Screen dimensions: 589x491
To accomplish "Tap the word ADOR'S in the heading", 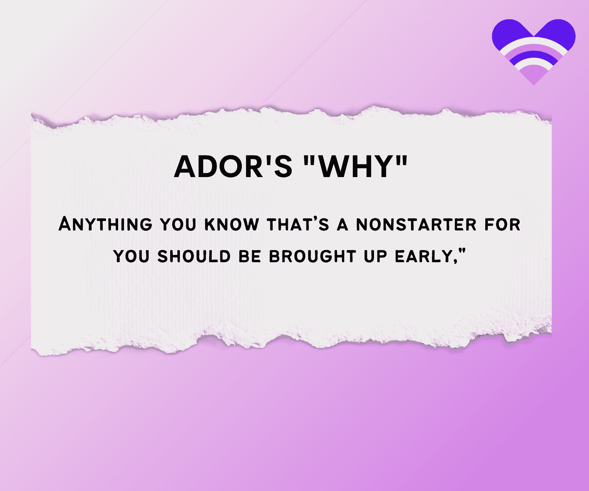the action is [233, 166].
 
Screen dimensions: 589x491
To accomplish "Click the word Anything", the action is [105, 225].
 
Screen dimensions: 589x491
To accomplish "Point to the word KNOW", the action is [232, 225].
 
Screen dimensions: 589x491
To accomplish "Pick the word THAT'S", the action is [298, 225].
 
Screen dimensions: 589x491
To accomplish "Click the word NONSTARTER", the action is [416, 225].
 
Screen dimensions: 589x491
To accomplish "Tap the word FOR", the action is [503, 225].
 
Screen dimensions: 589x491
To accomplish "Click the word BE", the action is [250, 256].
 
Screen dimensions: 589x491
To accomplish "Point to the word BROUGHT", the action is [312, 256].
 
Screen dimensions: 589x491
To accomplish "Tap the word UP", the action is [375, 256].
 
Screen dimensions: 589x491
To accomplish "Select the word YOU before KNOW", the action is [178, 225].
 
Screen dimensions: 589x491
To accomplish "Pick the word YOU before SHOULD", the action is [131, 256].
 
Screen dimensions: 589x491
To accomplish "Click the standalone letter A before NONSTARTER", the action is [343, 225].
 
